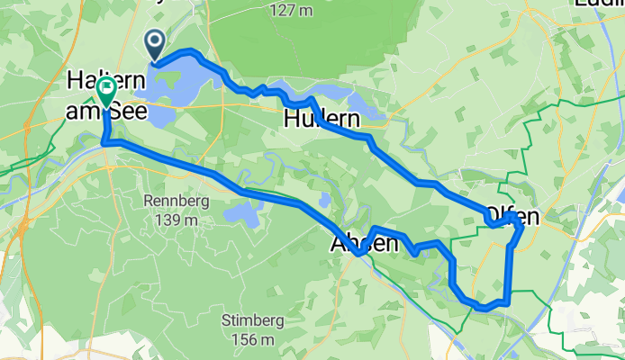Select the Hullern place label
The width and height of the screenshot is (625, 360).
click(322, 118)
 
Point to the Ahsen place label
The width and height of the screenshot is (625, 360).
click(364, 243)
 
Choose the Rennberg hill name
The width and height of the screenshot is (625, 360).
click(176, 201)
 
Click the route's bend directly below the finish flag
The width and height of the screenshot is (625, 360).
click(105, 142)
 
